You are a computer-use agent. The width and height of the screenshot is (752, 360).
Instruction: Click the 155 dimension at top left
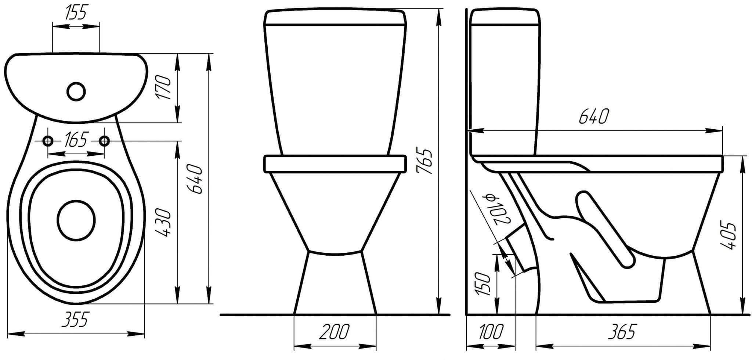[x=76, y=13]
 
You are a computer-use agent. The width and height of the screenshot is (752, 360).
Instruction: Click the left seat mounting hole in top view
[x=48, y=141]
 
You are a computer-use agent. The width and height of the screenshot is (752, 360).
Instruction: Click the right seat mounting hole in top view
[x=105, y=141]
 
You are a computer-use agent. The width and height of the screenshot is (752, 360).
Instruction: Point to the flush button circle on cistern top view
[x=77, y=91]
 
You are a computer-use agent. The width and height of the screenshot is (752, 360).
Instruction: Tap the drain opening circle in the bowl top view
[x=76, y=220]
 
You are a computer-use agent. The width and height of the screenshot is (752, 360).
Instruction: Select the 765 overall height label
[x=425, y=161]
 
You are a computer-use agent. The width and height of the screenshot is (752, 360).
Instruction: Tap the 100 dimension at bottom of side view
[x=491, y=332]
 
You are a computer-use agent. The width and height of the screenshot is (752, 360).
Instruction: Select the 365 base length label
[x=621, y=332]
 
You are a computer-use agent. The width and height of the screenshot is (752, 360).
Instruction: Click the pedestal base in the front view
[x=335, y=283]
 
